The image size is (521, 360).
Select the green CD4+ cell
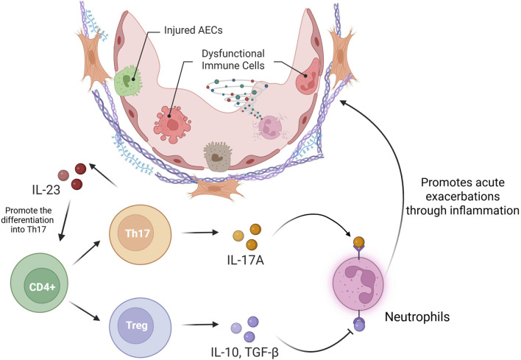[x=40, y=283]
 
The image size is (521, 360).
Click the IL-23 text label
[x=46, y=190]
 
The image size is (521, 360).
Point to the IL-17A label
[x=246, y=261]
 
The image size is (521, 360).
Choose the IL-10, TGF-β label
[x=244, y=352]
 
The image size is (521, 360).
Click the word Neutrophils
[x=417, y=317]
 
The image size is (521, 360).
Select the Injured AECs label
[x=194, y=30]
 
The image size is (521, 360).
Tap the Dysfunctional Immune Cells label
[x=233, y=60]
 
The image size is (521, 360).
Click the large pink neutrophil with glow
[x=358, y=284]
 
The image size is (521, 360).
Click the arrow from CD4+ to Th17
[x=85, y=253]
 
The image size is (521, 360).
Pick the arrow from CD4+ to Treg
[x=84, y=311]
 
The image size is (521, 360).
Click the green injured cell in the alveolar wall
[x=128, y=81]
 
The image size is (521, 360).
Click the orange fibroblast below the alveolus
[x=214, y=188]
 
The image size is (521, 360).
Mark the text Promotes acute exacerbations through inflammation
[x=462, y=196]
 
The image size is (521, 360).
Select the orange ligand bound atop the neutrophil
[x=359, y=242]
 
